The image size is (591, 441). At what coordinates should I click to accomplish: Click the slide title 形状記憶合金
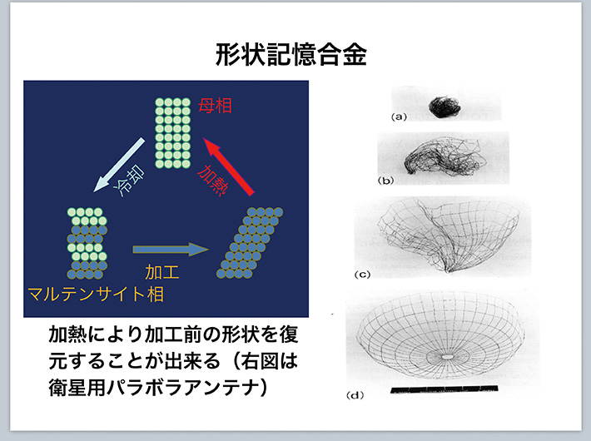[x=291, y=55]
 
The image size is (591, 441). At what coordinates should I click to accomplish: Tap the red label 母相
[x=215, y=106]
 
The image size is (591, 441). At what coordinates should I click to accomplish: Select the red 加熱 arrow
[x=228, y=166]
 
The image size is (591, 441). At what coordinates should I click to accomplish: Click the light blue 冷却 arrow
[x=119, y=165]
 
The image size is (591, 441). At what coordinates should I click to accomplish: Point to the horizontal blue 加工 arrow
[x=171, y=249]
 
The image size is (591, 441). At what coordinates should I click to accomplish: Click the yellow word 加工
[x=162, y=272]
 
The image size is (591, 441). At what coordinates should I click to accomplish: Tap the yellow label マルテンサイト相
[x=96, y=294]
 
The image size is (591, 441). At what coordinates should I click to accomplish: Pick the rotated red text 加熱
[x=213, y=181]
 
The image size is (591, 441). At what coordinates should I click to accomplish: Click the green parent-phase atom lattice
[x=172, y=133]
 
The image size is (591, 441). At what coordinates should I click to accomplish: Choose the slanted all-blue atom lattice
[x=250, y=243]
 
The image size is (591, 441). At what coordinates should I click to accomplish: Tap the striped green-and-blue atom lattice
[x=87, y=243]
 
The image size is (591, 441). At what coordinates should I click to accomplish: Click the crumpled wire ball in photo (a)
[x=444, y=107]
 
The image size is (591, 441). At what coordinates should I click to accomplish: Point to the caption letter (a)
[x=400, y=116]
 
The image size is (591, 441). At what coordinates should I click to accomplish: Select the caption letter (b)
[x=385, y=181]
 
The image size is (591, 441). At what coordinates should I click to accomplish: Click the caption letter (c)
[x=362, y=275]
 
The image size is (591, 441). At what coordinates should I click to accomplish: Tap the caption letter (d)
[x=355, y=395]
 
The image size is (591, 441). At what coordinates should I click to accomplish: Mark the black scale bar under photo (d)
[x=444, y=389]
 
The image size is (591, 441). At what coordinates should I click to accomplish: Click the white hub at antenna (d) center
[x=447, y=356]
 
